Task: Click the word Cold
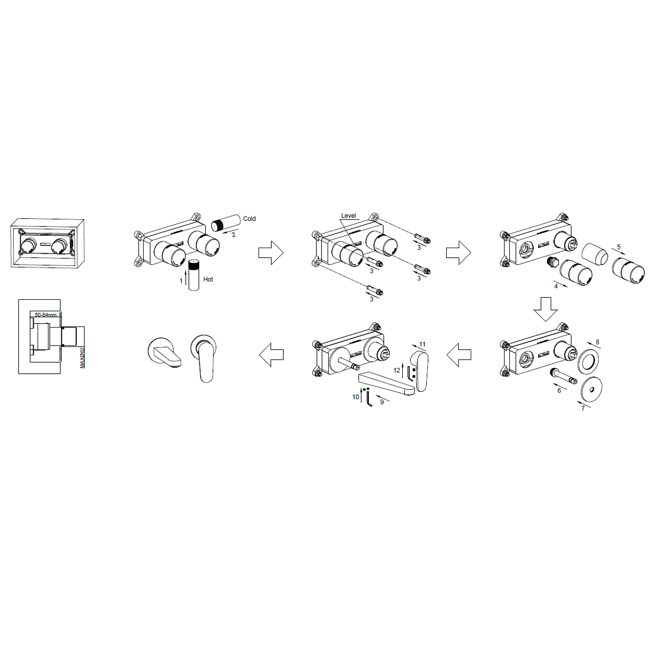coord(249,219)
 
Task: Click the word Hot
coord(208,279)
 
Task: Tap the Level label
coord(348,215)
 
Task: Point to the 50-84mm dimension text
coord(46,315)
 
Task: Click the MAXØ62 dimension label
coord(82,357)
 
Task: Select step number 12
coord(397,371)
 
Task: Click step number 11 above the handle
coord(422,344)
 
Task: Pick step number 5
coord(619,247)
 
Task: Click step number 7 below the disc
coord(583,408)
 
